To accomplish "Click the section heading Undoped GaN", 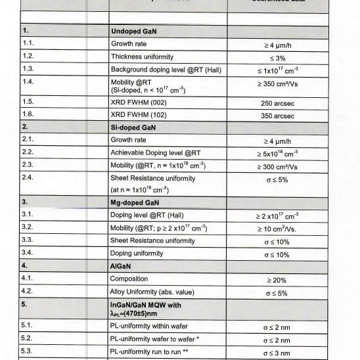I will [x=133, y=31].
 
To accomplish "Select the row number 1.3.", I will [x=28, y=69].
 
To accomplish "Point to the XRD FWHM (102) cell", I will [x=139, y=115].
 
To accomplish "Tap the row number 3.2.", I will [x=28, y=227].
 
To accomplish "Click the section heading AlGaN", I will [x=123, y=266].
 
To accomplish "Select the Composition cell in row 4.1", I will [x=129, y=279].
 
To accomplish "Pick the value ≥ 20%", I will [x=276, y=280].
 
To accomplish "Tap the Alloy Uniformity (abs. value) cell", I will [x=152, y=292].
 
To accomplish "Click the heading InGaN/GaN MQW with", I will [x=144, y=305].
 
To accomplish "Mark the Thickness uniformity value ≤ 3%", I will [x=277, y=57].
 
